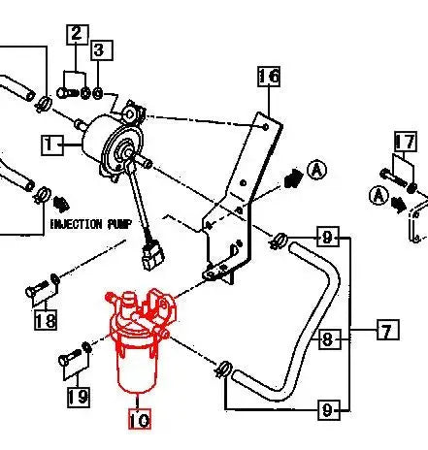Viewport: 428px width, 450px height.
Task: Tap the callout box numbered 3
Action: [100, 48]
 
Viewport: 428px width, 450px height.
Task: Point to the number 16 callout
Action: [269, 76]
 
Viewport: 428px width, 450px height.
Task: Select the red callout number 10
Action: [140, 420]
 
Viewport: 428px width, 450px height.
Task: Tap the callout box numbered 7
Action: [386, 332]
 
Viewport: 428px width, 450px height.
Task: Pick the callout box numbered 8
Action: [328, 339]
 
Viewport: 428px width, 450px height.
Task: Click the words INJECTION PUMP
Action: [88, 223]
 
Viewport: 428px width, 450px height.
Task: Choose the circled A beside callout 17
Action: [376, 195]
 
